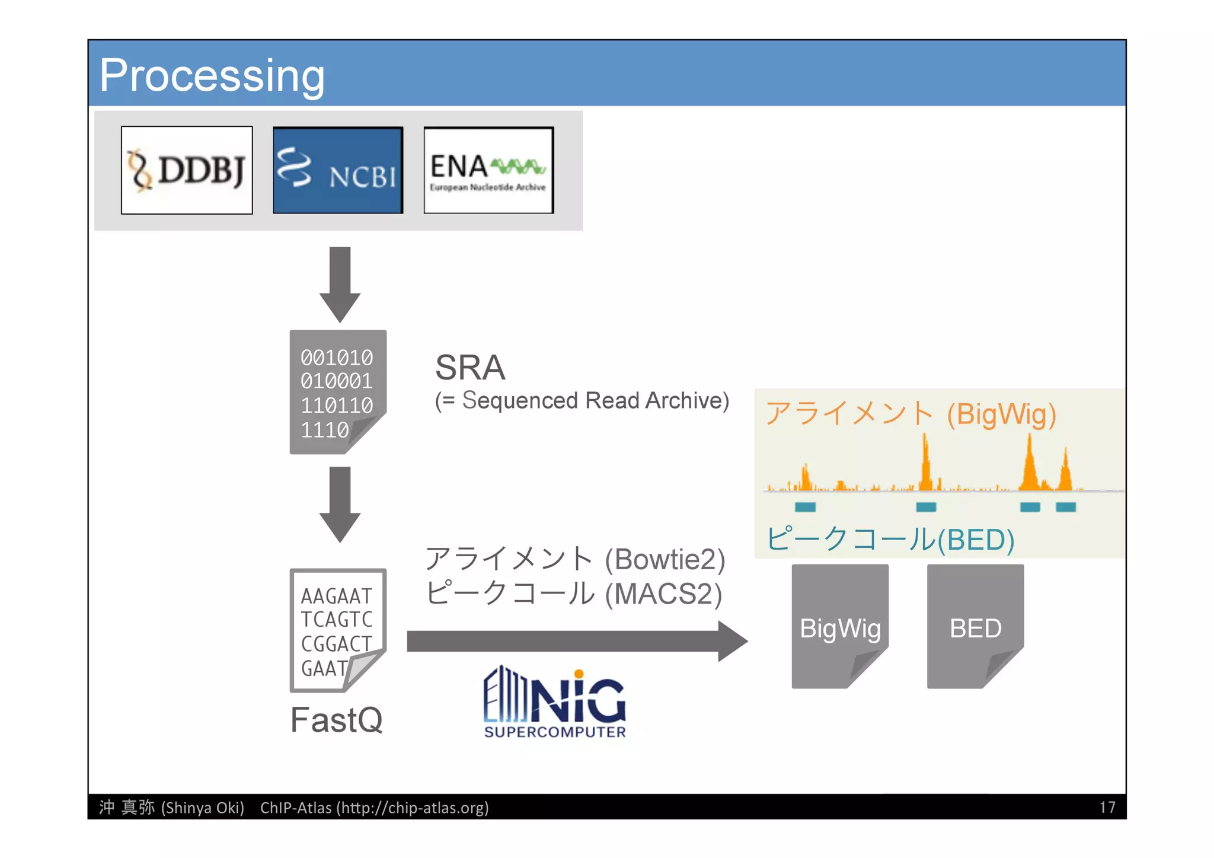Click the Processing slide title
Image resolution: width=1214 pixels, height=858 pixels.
pyautogui.click(x=212, y=75)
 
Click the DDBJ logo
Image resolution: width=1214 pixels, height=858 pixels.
pyautogui.click(x=187, y=170)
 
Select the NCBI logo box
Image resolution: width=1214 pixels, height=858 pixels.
pyautogui.click(x=338, y=170)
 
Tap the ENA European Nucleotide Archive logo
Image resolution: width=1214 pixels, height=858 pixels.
pyautogui.click(x=488, y=170)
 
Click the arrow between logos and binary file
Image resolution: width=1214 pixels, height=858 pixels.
pyautogui.click(x=340, y=283)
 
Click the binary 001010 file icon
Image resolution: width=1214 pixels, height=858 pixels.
pyautogui.click(x=337, y=392)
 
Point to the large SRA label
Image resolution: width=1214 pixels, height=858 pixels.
pyautogui.click(x=470, y=368)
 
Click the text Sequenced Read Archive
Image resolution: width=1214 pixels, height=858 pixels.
pyautogui.click(x=595, y=401)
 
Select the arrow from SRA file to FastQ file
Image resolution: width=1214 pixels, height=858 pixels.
pyautogui.click(x=340, y=503)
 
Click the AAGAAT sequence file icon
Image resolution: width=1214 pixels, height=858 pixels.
pyautogui.click(x=337, y=630)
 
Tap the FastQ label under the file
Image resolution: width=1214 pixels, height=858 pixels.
pyautogui.click(x=336, y=720)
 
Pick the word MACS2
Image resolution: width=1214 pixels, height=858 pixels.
pyautogui.click(x=663, y=594)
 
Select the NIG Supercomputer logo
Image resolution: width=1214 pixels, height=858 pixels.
pyautogui.click(x=554, y=703)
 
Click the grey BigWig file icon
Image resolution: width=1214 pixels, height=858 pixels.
pyautogui.click(x=839, y=627)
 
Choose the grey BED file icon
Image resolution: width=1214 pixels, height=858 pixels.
pyautogui.click(x=975, y=627)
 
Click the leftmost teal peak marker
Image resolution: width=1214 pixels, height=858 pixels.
pyautogui.click(x=805, y=507)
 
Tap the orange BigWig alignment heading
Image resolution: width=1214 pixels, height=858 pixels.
pyautogui.click(x=910, y=413)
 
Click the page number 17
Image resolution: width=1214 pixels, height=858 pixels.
pyautogui.click(x=1107, y=807)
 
